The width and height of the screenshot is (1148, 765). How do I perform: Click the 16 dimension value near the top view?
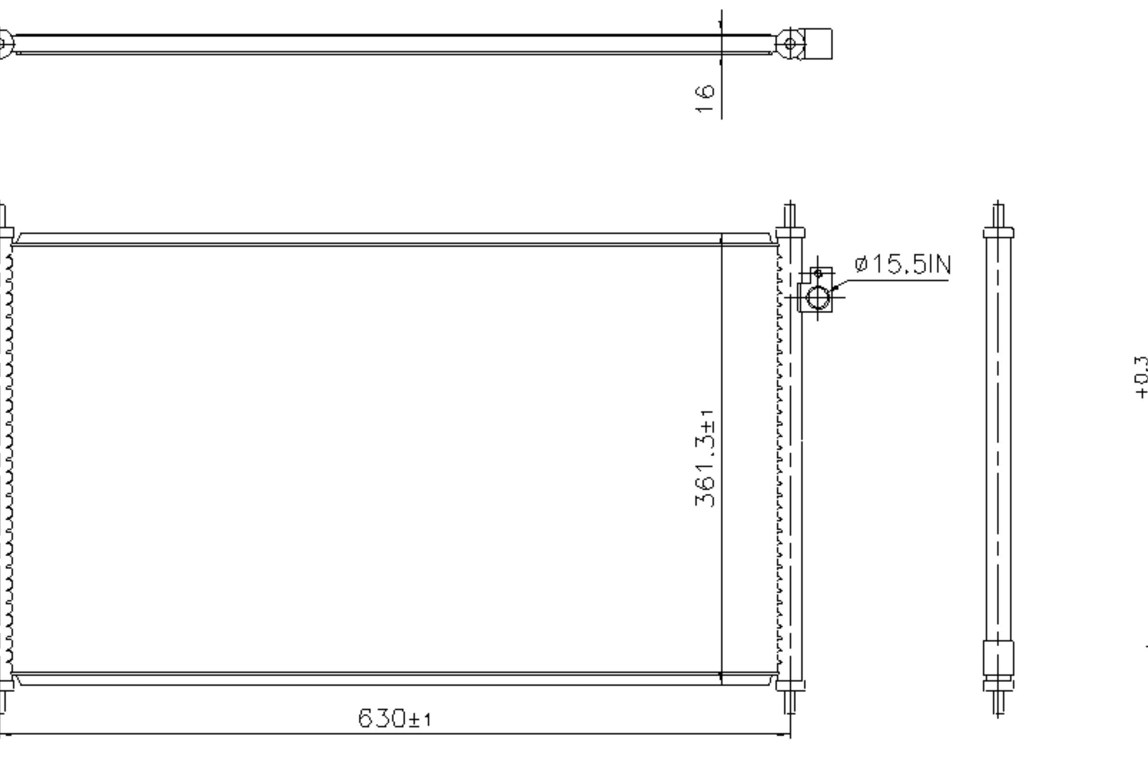tap(705, 99)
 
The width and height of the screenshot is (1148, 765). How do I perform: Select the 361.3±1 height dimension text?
tap(705, 459)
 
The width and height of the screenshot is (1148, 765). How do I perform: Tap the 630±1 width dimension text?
tap(394, 718)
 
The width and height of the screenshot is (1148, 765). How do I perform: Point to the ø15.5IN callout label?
tap(903, 265)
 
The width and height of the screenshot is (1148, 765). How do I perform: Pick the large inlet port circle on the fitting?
tap(818, 297)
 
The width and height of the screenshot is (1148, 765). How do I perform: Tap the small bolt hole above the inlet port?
tap(818, 273)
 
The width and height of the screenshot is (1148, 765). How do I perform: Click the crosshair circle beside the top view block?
tap(790, 44)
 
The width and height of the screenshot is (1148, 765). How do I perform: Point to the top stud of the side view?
tap(998, 216)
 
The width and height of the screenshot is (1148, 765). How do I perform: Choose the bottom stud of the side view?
tap(998, 703)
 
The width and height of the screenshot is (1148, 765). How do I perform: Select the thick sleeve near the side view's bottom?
tap(998, 659)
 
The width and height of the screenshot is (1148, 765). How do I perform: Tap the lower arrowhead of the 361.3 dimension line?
tap(721, 678)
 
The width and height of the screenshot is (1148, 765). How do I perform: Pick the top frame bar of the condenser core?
tap(390, 239)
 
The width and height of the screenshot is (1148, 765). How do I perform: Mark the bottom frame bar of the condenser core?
tap(390, 679)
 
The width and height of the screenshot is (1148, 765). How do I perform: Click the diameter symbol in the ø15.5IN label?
tap(861, 265)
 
